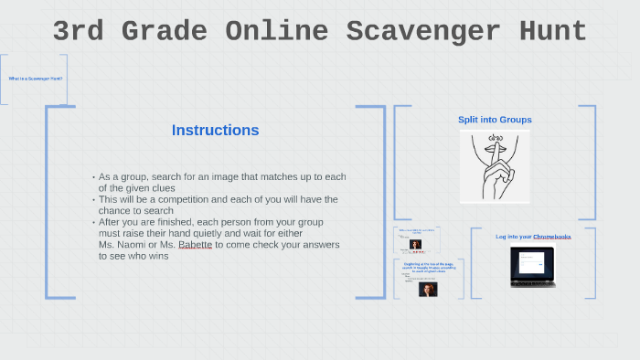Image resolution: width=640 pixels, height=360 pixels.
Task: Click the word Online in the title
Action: [274, 32]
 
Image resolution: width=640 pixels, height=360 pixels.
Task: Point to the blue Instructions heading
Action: [215, 131]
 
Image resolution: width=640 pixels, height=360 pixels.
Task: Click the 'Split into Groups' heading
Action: [495, 120]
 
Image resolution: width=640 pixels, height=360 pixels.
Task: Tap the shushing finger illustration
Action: [495, 165]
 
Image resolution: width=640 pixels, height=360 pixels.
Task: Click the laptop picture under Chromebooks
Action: [532, 267]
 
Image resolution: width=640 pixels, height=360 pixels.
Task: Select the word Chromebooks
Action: [552, 237]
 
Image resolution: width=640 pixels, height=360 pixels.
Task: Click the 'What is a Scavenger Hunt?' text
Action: [36, 79]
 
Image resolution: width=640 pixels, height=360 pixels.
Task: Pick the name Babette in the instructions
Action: [193, 245]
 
